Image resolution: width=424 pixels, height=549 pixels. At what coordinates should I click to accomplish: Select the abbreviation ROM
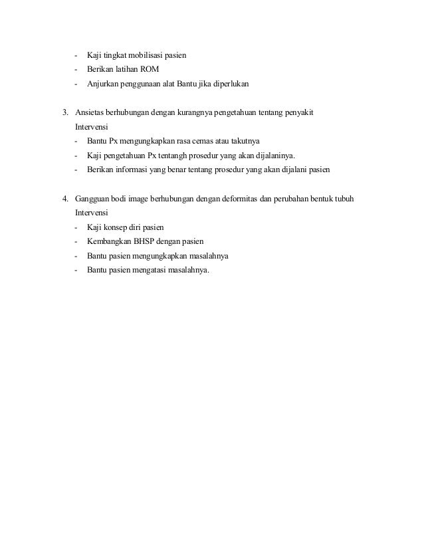(x=150, y=70)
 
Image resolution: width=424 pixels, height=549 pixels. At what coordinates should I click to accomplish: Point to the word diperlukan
(x=227, y=84)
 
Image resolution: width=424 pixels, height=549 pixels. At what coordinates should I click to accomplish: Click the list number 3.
(x=64, y=113)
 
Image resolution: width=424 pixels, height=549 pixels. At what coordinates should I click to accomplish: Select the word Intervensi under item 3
(x=94, y=127)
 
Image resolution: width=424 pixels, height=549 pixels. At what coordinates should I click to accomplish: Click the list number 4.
(x=64, y=199)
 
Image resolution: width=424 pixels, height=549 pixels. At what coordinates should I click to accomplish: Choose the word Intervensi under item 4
(x=94, y=213)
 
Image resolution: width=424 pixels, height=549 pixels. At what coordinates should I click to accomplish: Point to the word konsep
(x=116, y=227)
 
